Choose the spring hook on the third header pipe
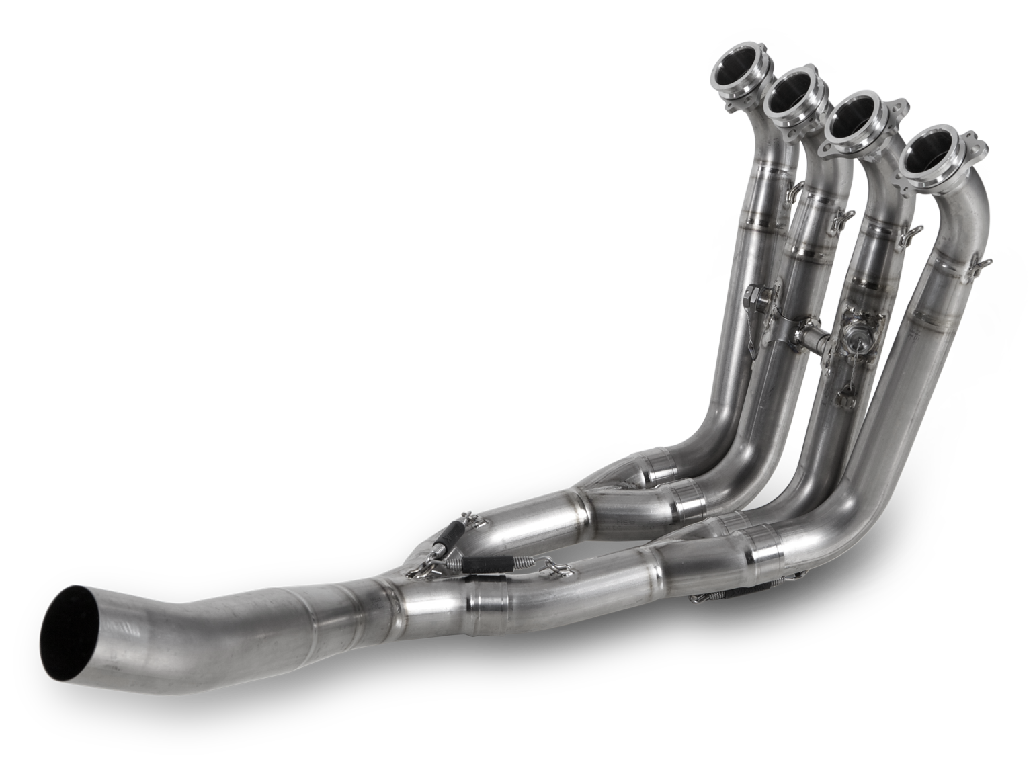(x=912, y=233)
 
